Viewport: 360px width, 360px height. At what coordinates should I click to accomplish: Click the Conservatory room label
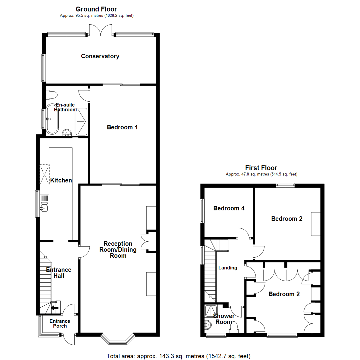(x=100, y=56)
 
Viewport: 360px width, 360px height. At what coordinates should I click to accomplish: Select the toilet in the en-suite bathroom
(x=51, y=95)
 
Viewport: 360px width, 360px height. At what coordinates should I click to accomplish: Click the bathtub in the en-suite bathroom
(x=52, y=120)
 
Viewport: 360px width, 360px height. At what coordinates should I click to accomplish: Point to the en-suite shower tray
(x=82, y=121)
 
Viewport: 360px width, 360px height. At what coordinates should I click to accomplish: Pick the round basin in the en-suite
(x=67, y=133)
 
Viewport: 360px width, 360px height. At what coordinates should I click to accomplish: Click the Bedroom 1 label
(x=122, y=127)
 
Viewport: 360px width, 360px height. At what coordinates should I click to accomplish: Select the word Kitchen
(x=61, y=180)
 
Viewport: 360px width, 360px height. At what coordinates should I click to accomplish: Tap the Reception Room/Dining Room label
(x=118, y=249)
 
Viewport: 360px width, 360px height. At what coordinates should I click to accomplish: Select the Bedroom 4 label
(x=229, y=208)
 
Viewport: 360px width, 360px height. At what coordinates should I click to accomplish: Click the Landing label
(x=228, y=268)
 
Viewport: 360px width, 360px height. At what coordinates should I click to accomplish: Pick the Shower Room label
(x=223, y=319)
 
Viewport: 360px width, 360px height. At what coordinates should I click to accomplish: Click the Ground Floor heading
(x=96, y=9)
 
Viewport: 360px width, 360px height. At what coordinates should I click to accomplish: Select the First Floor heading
(x=261, y=168)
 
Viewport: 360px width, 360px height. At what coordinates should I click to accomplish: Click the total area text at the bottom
(x=178, y=356)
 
